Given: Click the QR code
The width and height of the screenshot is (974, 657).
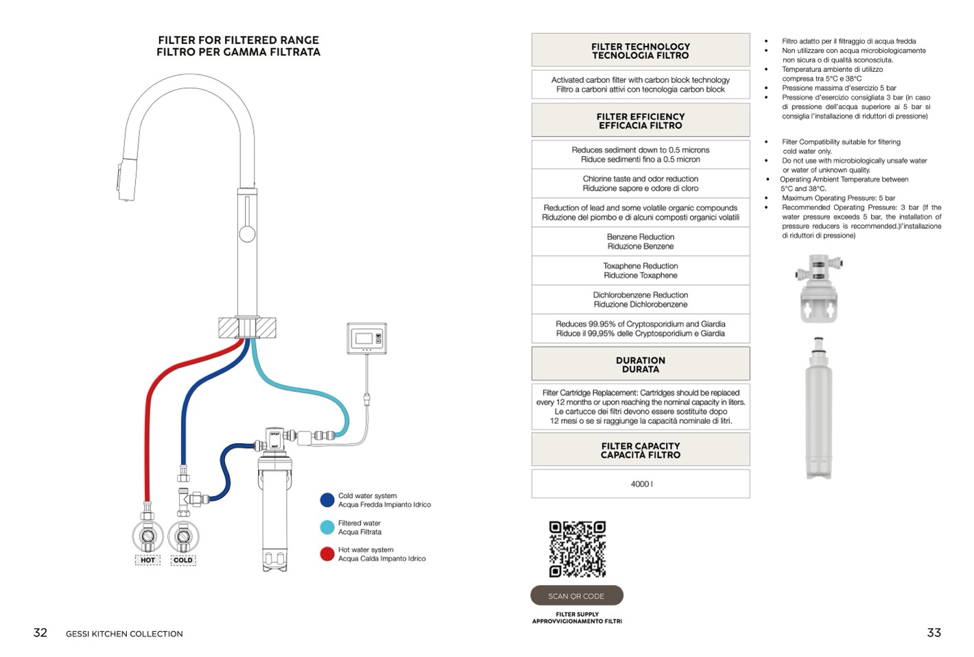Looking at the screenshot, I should pyautogui.click(x=577, y=549).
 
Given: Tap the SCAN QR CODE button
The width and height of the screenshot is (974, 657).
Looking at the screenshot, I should pyautogui.click(x=576, y=595).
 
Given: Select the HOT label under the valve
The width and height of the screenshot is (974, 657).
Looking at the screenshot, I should pyautogui.click(x=147, y=560).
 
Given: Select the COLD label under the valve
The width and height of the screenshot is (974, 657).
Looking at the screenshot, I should pyautogui.click(x=183, y=560).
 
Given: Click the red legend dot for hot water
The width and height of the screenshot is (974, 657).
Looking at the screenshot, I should pyautogui.click(x=327, y=554).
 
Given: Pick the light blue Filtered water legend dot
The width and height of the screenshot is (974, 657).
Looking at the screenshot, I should pyautogui.click(x=327, y=527).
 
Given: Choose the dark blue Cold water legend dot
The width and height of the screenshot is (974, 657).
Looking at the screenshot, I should pyautogui.click(x=327, y=499).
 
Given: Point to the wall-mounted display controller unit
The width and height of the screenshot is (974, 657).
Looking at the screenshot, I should pyautogui.click(x=366, y=338).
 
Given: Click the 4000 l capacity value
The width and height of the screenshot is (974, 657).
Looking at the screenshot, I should pyautogui.click(x=641, y=484).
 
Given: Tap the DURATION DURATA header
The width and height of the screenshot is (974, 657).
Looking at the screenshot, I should pyautogui.click(x=641, y=364).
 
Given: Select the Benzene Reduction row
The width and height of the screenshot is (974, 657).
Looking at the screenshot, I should pyautogui.click(x=641, y=241).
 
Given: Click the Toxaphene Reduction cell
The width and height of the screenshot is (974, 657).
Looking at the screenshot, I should pyautogui.click(x=641, y=271).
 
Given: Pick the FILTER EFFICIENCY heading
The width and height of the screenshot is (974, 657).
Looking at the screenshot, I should pyautogui.click(x=641, y=121).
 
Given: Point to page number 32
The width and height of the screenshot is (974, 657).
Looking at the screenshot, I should pyautogui.click(x=40, y=632).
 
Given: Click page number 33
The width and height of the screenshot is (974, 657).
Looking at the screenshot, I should pyautogui.click(x=934, y=632).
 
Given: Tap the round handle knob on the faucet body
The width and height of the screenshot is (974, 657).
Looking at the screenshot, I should pyautogui.click(x=247, y=233).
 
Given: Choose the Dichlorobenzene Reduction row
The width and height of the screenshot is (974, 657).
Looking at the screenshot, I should pyautogui.click(x=641, y=299).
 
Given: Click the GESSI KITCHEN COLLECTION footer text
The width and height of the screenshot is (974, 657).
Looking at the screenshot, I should pyautogui.click(x=124, y=634).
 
